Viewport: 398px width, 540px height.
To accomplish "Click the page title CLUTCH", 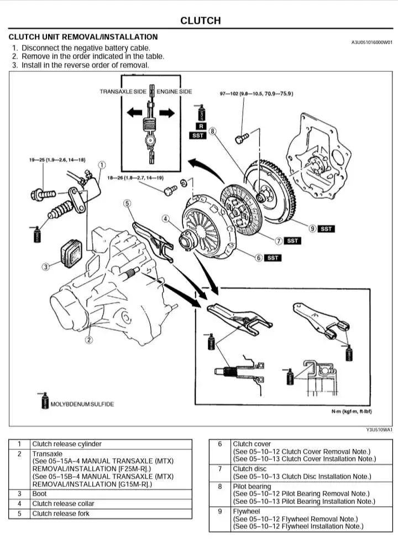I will pos(200,21).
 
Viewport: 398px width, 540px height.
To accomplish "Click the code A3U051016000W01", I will pos(372,43).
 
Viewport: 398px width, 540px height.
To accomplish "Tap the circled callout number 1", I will pos(102,164).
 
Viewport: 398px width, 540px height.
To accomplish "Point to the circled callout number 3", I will pos(46,266).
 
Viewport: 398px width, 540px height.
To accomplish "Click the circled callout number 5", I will pos(127,203).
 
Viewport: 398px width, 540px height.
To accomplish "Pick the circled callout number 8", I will pos(213,132).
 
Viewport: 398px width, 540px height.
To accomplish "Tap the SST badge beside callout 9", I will pos(327,228).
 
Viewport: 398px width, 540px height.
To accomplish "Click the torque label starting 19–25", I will pos(57,160).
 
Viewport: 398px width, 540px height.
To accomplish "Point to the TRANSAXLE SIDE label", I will pos(123,91).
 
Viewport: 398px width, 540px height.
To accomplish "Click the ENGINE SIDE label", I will pos(174,91).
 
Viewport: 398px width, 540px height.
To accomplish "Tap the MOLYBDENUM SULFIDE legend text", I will pos(82,404).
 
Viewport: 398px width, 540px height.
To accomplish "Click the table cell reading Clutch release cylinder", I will pos(67,444).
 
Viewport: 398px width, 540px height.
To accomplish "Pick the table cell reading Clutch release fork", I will pos(60,513).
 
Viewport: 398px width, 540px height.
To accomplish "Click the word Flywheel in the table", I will pos(247,511).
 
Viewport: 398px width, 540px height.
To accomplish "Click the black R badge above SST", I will pos(201,126).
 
